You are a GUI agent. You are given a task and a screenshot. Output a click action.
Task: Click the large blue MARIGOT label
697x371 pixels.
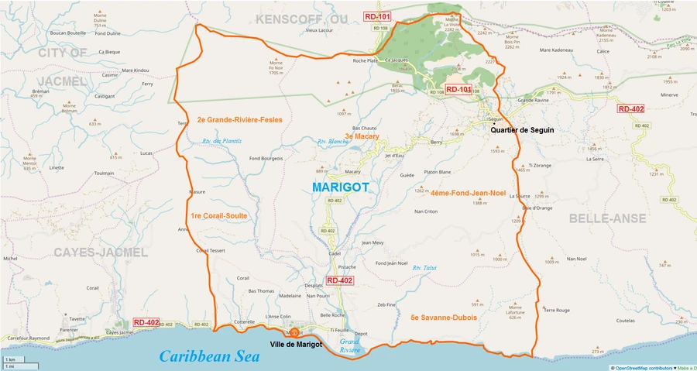[340, 187]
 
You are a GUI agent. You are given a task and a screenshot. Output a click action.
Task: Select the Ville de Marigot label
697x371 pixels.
[295, 344]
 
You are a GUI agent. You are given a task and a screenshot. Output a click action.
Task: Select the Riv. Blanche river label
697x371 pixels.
[333, 142]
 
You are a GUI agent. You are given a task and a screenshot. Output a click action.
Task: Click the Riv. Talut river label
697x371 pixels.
[425, 267]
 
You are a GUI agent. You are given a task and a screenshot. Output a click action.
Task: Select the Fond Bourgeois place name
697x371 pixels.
[266, 159]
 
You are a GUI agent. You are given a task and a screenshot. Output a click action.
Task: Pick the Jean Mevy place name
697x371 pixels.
[373, 242]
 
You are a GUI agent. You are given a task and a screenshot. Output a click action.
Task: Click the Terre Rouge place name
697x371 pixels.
[557, 310]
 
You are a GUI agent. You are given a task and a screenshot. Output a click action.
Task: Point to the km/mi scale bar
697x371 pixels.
[11, 362]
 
